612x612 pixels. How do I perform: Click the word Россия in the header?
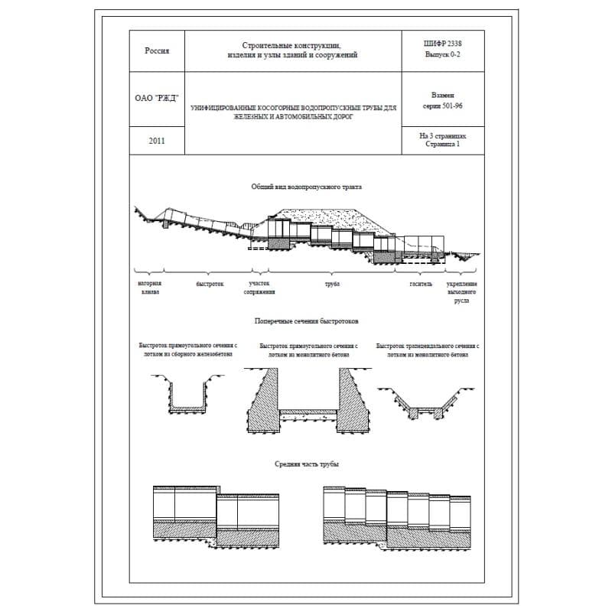pos(157,51)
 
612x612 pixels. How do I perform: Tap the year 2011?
pos(157,141)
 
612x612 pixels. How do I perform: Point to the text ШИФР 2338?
pos(442,44)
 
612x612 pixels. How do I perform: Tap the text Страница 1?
pos(442,144)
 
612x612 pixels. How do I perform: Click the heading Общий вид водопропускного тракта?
pos(306,187)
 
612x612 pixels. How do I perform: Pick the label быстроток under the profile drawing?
pos(210,284)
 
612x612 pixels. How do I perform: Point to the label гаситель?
pos(421,284)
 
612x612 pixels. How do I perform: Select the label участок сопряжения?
pos(259,288)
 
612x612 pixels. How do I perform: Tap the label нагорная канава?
pos(150,288)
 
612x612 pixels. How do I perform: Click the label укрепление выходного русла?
pos(462,292)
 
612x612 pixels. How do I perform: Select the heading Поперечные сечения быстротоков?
pos(306,321)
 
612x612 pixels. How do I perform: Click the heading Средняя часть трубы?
pos(306,464)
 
